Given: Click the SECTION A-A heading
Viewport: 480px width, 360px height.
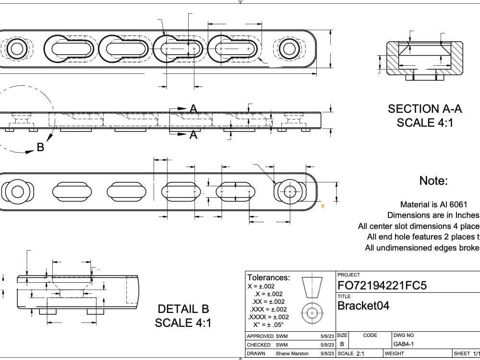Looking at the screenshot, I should [x=425, y=109].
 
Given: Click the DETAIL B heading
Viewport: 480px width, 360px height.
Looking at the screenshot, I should [x=183, y=309].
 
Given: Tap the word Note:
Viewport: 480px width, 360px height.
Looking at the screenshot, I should [x=433, y=181].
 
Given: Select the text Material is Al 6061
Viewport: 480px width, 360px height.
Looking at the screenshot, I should [x=433, y=204].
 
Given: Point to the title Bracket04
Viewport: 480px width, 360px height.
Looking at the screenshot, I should [x=363, y=306].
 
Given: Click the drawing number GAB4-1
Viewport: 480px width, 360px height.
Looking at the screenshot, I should [x=404, y=344].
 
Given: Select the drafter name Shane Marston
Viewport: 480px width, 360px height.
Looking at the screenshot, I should [x=292, y=353].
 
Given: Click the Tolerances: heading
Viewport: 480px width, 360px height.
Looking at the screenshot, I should [x=268, y=277].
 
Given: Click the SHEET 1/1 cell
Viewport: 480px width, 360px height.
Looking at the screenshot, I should [x=466, y=353].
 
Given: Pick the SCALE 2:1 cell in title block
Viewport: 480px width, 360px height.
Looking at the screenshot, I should [x=351, y=353].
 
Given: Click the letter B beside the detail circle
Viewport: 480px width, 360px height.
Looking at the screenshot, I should [x=40, y=147].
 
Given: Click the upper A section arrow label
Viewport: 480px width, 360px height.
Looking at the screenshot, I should [x=193, y=109].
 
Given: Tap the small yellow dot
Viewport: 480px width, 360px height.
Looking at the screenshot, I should [x=323, y=206].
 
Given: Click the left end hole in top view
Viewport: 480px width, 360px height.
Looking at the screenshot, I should [x=17, y=48].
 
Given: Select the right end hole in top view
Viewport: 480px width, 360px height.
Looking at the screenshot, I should [x=289, y=48].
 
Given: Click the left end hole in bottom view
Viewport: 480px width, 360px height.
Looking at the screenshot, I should [x=17, y=192].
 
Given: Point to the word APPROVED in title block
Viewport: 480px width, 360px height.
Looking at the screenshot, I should [x=260, y=336].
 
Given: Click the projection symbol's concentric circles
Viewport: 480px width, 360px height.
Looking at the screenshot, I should [x=312, y=313].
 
